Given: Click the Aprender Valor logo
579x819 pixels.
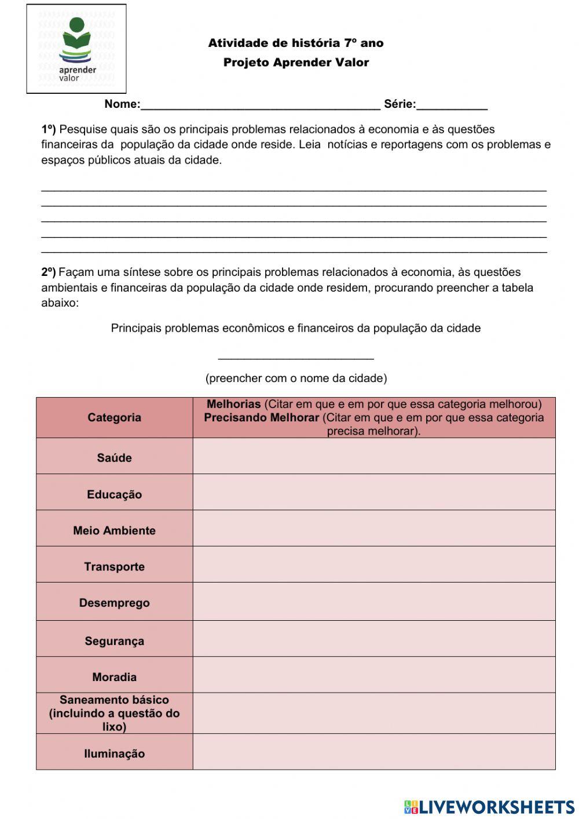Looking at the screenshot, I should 76,49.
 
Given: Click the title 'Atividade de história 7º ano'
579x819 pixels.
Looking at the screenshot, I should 295,43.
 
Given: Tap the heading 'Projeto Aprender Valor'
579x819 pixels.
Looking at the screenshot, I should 296,63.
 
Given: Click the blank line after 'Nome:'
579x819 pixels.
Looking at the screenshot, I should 261,105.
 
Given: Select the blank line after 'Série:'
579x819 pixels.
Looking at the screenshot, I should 452,105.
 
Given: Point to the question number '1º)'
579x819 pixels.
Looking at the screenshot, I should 49,129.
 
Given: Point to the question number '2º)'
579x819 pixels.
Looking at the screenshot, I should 49,272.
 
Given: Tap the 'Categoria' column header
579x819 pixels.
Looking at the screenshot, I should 114,417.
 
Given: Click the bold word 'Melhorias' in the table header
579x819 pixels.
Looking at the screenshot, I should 233,404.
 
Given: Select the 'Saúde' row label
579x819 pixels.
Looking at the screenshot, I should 114,458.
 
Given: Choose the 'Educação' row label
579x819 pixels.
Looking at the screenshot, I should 114,494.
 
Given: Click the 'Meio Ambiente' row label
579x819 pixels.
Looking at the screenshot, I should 114,530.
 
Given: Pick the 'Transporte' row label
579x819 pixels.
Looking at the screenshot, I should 114,567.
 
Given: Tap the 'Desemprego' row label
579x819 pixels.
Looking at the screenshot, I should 114,603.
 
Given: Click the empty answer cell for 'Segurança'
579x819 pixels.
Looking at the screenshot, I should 373,639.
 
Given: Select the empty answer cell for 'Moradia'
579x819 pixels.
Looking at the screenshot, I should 373,675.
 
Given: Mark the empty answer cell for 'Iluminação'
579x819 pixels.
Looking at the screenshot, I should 373,752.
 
